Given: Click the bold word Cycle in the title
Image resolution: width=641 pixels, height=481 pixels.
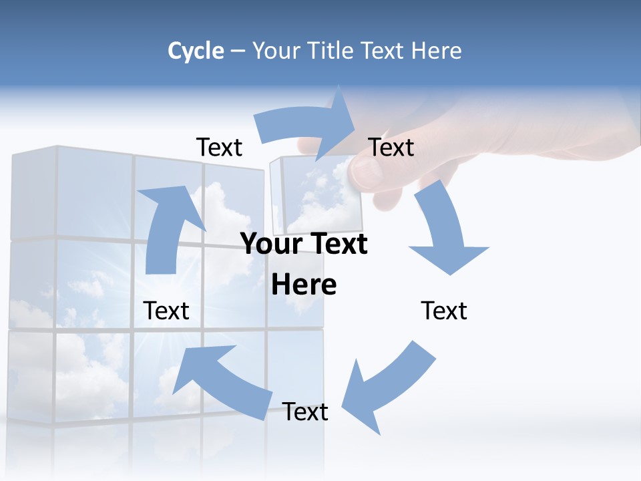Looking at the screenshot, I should tap(196, 51).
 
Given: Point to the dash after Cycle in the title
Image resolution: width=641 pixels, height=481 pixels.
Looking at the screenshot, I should tap(238, 51).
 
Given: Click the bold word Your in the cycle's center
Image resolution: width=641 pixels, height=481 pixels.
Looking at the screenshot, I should tap(266, 245).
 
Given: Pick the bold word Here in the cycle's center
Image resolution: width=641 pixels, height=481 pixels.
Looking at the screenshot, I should tap(304, 285).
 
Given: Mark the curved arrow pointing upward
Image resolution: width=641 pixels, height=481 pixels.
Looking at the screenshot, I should tap(167, 227).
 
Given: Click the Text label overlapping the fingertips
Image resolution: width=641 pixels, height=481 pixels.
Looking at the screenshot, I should tap(391, 147).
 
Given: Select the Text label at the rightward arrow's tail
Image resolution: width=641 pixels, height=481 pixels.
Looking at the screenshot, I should tap(219, 147).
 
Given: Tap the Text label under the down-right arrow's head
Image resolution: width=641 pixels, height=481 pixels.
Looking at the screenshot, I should tap(444, 311).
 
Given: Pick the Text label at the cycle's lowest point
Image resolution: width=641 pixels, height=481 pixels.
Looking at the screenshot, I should tap(305, 412).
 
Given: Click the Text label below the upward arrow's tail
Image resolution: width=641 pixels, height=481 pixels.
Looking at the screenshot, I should tap(166, 311).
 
